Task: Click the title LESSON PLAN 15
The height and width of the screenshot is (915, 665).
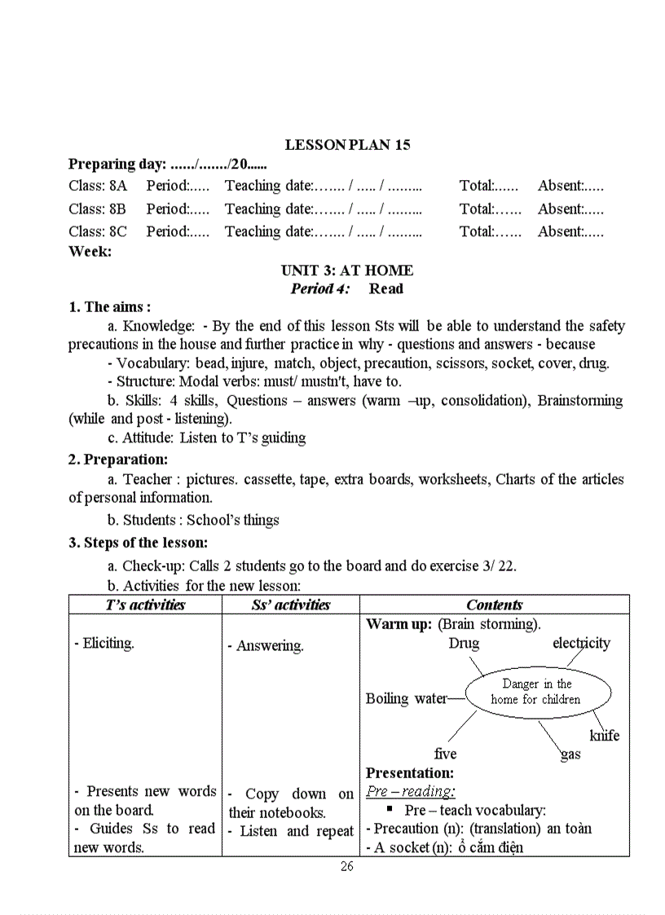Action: (x=347, y=145)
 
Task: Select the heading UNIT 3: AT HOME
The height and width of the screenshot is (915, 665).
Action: (x=347, y=271)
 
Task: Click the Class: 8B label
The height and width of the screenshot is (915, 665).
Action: (x=97, y=209)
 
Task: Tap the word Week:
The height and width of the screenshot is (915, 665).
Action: (x=90, y=251)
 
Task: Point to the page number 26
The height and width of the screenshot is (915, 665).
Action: (x=347, y=866)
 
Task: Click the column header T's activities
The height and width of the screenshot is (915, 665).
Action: (x=145, y=605)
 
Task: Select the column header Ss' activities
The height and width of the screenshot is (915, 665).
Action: (x=290, y=605)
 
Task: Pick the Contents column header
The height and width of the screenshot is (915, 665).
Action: (x=494, y=605)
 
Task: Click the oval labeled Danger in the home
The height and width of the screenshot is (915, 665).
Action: (x=536, y=692)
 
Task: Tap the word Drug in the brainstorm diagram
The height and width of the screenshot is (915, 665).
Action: (x=464, y=644)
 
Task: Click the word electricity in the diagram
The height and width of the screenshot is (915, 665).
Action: (x=581, y=644)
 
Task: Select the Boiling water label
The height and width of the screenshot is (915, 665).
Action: (x=406, y=698)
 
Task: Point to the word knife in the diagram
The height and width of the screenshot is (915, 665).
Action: (x=604, y=736)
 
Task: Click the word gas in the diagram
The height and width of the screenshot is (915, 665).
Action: (x=570, y=754)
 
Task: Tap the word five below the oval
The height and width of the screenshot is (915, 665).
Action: (x=445, y=754)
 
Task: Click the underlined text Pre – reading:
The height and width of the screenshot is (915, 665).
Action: (x=410, y=791)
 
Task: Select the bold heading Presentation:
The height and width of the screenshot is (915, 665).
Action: (x=409, y=772)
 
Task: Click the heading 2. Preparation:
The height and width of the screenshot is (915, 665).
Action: (x=117, y=460)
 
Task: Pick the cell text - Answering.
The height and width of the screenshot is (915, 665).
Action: (x=270, y=646)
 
